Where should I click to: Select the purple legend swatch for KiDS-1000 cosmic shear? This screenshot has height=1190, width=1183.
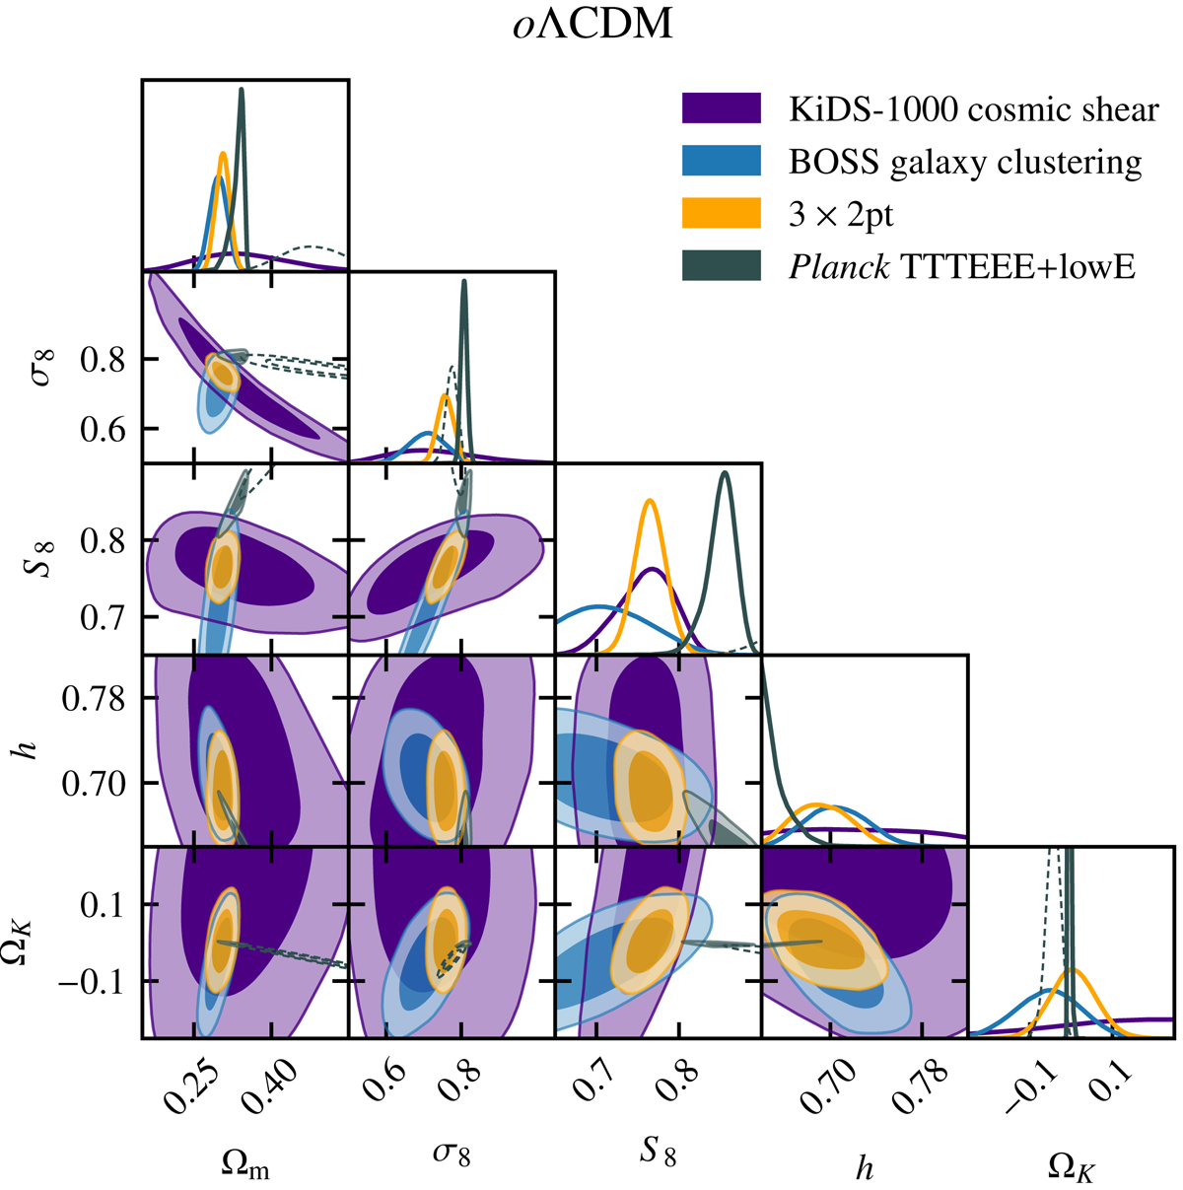tap(721, 109)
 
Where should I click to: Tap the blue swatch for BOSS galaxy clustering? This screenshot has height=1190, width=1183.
tap(721, 161)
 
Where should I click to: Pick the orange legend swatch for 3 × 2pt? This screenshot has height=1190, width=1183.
tap(721, 213)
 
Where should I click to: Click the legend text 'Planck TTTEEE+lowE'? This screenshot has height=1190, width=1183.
tap(962, 265)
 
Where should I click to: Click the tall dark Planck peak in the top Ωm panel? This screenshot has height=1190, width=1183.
tap(242, 91)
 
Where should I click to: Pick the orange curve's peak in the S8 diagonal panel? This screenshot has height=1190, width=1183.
tap(650, 502)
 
